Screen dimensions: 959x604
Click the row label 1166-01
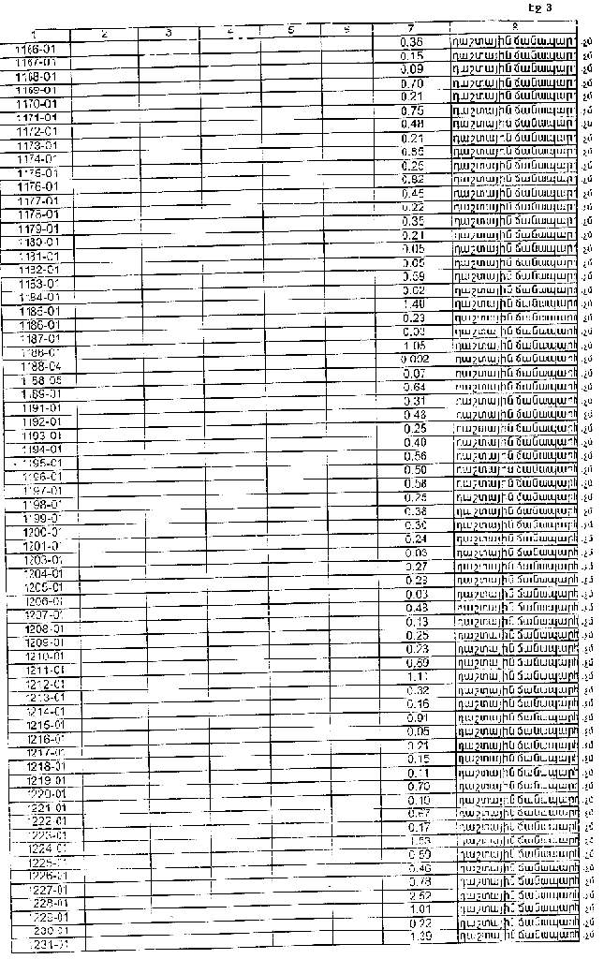[x=37, y=47]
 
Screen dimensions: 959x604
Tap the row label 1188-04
[x=42, y=366]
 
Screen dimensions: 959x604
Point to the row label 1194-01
[x=41, y=450]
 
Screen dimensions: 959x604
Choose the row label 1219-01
[x=45, y=779]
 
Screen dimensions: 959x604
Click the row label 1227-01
[x=48, y=890]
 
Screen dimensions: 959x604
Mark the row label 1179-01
[x=39, y=229]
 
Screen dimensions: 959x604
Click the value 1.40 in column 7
[x=413, y=304]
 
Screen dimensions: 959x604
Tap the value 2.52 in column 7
[x=420, y=895]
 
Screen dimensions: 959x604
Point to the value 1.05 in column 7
[x=413, y=346]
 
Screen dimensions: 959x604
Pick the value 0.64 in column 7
[x=414, y=387]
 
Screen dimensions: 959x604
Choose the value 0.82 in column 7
[x=412, y=179]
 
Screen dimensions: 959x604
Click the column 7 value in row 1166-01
[x=411, y=43]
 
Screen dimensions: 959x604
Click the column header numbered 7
[x=411, y=28]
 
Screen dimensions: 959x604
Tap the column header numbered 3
[x=168, y=33]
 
